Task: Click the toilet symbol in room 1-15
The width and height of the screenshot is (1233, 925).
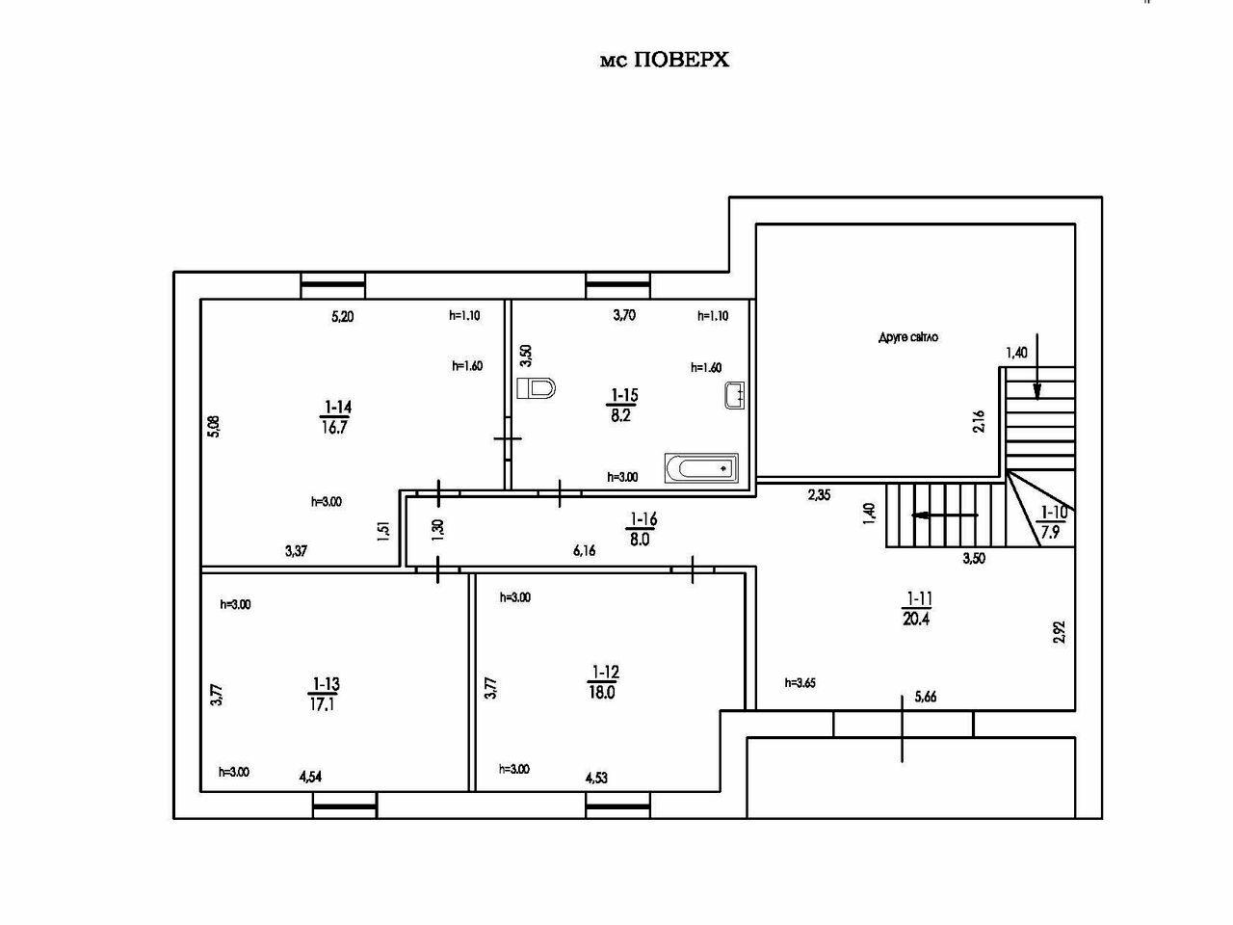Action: (x=536, y=388)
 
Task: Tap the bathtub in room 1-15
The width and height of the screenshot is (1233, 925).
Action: (x=701, y=467)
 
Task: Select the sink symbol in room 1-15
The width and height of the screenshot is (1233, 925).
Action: (x=735, y=395)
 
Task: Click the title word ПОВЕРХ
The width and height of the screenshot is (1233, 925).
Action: (x=681, y=60)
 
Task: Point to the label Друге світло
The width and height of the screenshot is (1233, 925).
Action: (x=908, y=337)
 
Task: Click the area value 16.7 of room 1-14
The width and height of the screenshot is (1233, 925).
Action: (x=334, y=428)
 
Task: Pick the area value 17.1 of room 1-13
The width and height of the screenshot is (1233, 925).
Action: (x=323, y=704)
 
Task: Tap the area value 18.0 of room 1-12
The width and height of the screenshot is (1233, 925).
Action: (x=602, y=693)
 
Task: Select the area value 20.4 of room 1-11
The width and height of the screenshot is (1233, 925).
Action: (x=916, y=619)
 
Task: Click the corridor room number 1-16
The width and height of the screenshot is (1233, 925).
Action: (x=643, y=519)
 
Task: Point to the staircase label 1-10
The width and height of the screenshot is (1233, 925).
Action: (x=1054, y=513)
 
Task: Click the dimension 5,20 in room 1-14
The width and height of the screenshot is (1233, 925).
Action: (x=343, y=317)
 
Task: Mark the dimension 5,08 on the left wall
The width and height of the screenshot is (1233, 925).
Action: (x=214, y=426)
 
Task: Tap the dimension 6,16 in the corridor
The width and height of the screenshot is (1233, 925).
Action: (x=584, y=551)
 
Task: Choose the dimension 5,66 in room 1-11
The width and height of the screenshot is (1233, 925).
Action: (x=926, y=697)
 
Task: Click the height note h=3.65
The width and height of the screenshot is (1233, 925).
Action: (x=800, y=683)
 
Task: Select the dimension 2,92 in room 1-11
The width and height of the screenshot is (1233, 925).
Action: (x=1060, y=631)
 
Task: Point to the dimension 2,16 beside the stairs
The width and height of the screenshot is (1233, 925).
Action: (x=979, y=421)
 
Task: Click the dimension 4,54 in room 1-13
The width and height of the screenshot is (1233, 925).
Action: (x=310, y=778)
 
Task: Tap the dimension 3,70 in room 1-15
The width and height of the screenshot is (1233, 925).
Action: (x=624, y=315)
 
